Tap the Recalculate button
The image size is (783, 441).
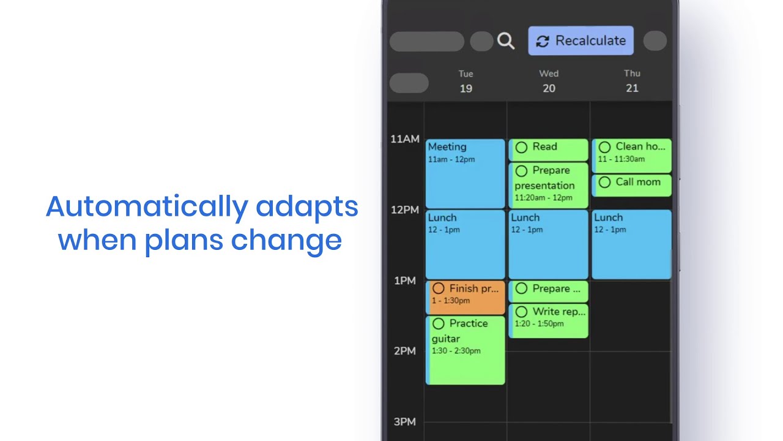pyautogui.click(x=581, y=40)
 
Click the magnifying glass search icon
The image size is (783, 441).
pyautogui.click(x=506, y=41)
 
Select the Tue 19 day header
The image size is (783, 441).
pyautogui.click(x=466, y=81)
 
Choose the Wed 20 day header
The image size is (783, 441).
pyautogui.click(x=549, y=81)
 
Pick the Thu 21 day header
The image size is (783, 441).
pyautogui.click(x=632, y=81)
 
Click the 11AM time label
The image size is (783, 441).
pyautogui.click(x=405, y=139)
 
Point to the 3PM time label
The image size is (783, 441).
pyautogui.click(x=405, y=422)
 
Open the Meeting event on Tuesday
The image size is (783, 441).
pyautogui.click(x=466, y=173)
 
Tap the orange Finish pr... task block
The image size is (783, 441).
pyautogui.click(x=466, y=297)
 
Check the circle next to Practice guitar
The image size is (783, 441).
pyautogui.click(x=439, y=324)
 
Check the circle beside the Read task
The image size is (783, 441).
pyautogui.click(x=521, y=148)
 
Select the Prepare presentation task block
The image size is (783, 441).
pyautogui.click(x=549, y=185)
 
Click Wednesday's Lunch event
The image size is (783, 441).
pyautogui.click(x=549, y=244)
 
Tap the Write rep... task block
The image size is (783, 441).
pyautogui.click(x=549, y=320)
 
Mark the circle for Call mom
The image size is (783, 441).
pyautogui.click(x=604, y=183)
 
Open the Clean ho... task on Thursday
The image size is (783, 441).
pyautogui.click(x=632, y=156)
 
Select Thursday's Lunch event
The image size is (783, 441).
pyautogui.click(x=632, y=244)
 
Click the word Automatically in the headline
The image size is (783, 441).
pyautogui.click(x=147, y=207)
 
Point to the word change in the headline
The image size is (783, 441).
pyautogui.click(x=286, y=241)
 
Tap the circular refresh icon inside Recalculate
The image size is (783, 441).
pyautogui.click(x=543, y=41)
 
